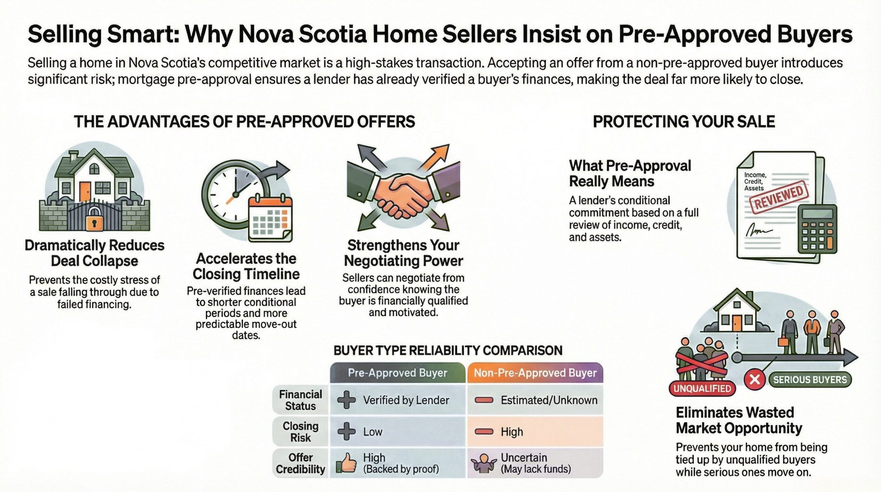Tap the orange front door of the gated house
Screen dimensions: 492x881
(x=85, y=191)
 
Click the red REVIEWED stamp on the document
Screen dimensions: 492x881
(x=779, y=199)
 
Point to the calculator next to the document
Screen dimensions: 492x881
(x=817, y=229)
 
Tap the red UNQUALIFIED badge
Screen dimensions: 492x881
(x=702, y=389)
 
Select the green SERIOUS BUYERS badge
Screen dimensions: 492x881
(x=809, y=380)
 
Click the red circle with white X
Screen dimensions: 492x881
(x=755, y=380)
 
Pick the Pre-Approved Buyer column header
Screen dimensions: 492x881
(x=397, y=373)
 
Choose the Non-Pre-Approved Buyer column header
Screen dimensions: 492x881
(x=535, y=373)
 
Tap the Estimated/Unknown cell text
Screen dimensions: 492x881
(x=549, y=400)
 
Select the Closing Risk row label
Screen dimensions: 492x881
(x=300, y=432)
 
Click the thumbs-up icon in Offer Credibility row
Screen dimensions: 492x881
(x=346, y=462)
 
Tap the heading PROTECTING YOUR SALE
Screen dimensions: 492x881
(x=684, y=122)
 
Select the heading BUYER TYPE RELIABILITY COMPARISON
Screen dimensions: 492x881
(x=448, y=350)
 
